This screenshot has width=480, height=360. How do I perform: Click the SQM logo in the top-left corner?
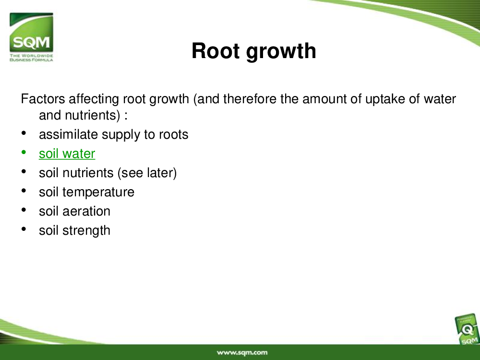click(x=31, y=37)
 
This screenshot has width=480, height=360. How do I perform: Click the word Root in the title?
click(x=216, y=51)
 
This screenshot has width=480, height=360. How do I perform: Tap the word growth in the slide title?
click(x=281, y=51)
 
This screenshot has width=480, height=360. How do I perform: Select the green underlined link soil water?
click(x=67, y=154)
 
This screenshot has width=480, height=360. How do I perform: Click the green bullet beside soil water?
click(x=24, y=152)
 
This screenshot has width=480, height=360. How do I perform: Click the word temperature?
click(x=98, y=192)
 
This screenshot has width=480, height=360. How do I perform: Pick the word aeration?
click(x=86, y=211)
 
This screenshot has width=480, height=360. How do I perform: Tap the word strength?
click(x=86, y=231)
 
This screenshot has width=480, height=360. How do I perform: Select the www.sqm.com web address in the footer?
click(x=242, y=353)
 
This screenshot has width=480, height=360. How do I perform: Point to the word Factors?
click(x=43, y=99)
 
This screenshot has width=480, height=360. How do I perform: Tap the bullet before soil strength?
click(x=24, y=229)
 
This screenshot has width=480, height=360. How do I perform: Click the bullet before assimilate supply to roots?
click(x=24, y=133)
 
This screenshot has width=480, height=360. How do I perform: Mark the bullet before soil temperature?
click(x=24, y=191)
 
